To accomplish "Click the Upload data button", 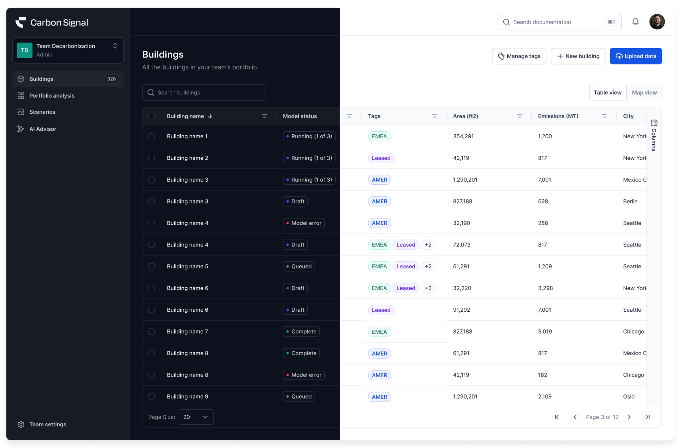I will point(636,56).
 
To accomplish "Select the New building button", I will point(578,56).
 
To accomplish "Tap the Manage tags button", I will point(519,56).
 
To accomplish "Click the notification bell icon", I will point(635,22).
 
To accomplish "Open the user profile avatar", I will point(657,22).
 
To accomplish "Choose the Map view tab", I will point(644,92).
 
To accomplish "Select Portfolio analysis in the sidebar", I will point(52,96).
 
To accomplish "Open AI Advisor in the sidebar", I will point(43,129).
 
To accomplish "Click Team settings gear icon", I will point(21,424).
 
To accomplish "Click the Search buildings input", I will point(204,92).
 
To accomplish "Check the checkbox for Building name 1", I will point(151,136).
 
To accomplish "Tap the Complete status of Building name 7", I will point(301,332).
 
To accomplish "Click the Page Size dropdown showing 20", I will point(196,417).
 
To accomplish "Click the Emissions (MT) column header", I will point(558,116).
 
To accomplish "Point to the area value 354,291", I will point(463,136).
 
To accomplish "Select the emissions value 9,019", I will point(545,332).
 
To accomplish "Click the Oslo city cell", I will point(629,396).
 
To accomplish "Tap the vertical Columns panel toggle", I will point(654,136).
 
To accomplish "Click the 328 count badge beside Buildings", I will point(111,79).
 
